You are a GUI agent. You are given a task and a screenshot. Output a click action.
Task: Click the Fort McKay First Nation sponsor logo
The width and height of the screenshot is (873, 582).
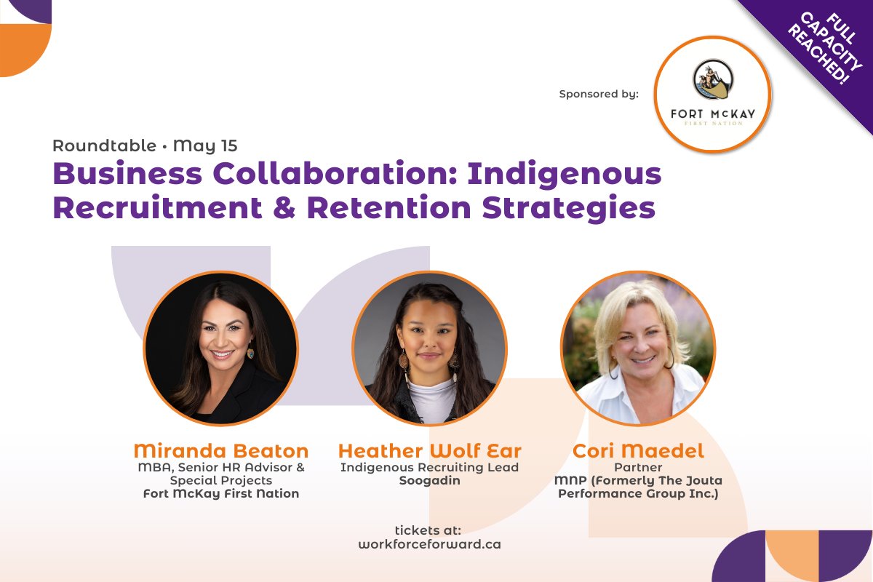coord(712,94)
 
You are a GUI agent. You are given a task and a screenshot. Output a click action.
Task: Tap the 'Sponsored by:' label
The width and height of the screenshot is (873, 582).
coord(599,94)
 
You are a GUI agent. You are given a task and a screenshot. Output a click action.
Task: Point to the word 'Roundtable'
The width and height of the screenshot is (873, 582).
coord(104,145)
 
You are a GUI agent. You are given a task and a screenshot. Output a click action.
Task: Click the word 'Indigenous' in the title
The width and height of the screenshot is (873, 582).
coord(564,175)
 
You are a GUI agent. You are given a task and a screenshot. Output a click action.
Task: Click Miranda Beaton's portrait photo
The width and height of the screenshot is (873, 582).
coord(220,348)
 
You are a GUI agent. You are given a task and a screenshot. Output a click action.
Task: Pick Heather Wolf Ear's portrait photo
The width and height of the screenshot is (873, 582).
coord(429,348)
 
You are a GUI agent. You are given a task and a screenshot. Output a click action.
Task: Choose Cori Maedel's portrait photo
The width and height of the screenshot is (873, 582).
coord(638,348)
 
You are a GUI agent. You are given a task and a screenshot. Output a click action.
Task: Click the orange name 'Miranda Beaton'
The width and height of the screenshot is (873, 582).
coord(221,451)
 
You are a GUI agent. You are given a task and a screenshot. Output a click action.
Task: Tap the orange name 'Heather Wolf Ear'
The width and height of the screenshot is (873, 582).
coord(429,451)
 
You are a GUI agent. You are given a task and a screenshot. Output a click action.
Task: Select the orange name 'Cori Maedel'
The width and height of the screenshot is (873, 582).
coord(638,451)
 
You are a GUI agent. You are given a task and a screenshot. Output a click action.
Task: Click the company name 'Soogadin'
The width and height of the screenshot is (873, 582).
coord(429,481)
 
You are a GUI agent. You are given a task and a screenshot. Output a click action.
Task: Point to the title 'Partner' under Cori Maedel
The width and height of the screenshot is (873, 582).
coord(638,467)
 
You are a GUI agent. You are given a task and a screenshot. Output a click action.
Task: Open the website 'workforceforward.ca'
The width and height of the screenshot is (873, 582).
coord(429,543)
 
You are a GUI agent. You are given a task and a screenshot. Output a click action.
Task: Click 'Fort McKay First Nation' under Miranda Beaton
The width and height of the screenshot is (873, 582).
coord(221,494)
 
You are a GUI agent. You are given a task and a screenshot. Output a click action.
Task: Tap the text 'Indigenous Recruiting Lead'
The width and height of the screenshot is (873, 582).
coord(429,467)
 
